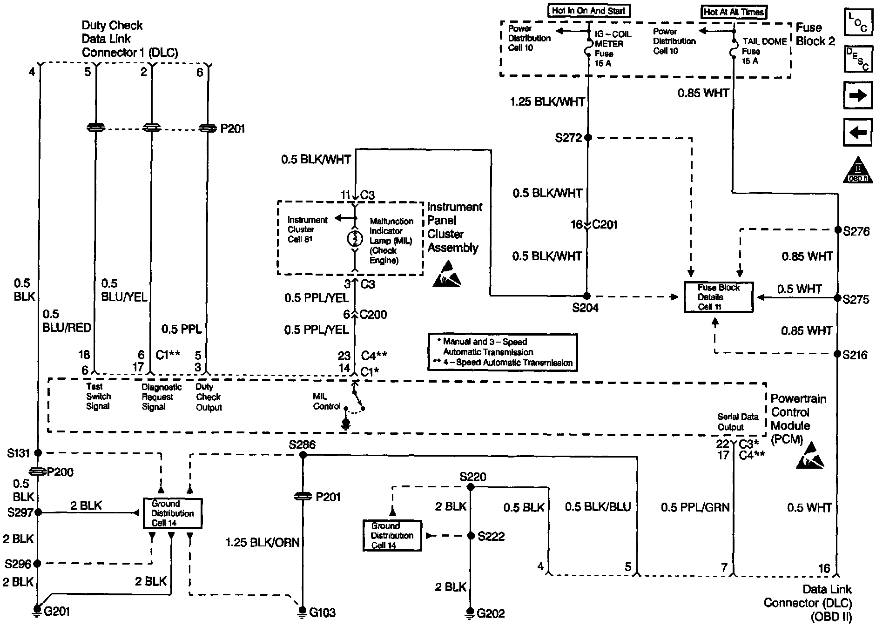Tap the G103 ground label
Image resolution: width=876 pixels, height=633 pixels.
(x=323, y=613)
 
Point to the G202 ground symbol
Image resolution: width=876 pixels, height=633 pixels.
(x=470, y=613)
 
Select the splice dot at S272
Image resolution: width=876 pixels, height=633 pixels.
(x=587, y=138)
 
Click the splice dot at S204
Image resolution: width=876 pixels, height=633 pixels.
(x=587, y=296)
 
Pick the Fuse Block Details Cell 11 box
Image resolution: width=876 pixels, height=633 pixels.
(x=718, y=297)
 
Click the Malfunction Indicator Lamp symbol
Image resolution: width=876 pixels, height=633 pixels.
(x=355, y=239)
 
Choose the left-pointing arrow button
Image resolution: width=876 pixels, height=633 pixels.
(x=857, y=133)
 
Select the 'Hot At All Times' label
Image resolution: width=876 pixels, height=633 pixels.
(x=734, y=12)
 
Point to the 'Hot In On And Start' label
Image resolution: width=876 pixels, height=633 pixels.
(x=588, y=11)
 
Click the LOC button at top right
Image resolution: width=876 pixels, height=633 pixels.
(x=857, y=22)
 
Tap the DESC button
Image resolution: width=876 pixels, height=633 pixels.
(x=857, y=59)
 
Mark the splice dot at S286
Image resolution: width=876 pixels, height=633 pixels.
(x=303, y=455)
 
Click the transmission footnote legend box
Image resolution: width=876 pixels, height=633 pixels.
(x=502, y=352)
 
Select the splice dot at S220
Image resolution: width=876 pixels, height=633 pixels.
(x=470, y=487)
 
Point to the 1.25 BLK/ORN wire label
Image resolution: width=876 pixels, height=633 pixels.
(x=263, y=542)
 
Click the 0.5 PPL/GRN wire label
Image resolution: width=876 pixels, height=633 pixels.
(x=695, y=507)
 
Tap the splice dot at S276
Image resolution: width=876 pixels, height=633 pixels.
(x=838, y=230)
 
